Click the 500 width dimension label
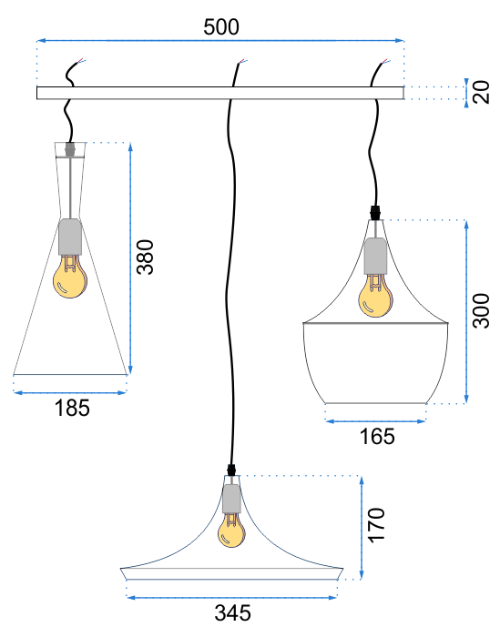point(221,27)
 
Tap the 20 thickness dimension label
point(482,92)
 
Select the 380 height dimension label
point(145,258)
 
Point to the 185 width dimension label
point(72,408)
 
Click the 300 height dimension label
point(481,311)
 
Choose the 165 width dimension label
point(377,437)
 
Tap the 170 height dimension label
point(376,524)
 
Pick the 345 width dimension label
point(232,613)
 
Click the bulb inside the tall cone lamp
point(70,277)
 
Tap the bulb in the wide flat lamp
point(231,530)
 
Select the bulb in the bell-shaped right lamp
point(375,296)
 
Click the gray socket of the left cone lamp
point(70,237)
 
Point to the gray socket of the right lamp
point(375,257)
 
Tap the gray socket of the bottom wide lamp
point(231,499)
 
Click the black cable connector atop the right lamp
point(376,212)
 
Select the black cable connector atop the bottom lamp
point(231,470)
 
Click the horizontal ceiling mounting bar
point(220,93)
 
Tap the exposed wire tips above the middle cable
point(242,62)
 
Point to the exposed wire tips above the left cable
point(81,61)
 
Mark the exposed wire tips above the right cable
point(386,61)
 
